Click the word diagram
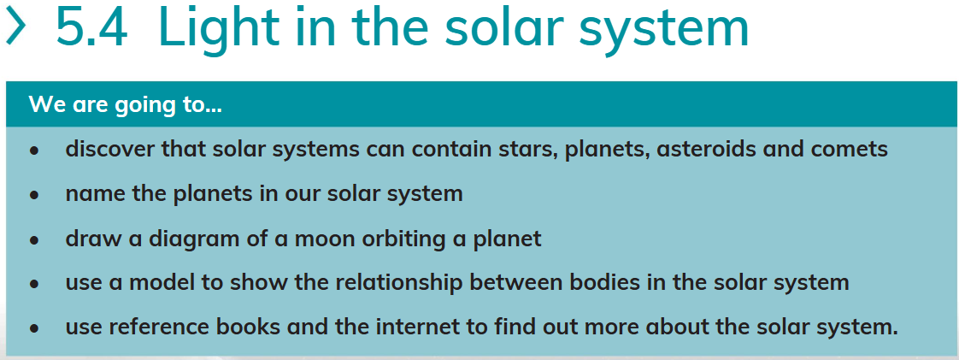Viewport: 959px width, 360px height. (191, 238)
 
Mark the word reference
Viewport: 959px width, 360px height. (156, 327)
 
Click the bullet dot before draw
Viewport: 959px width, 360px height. (34, 240)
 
